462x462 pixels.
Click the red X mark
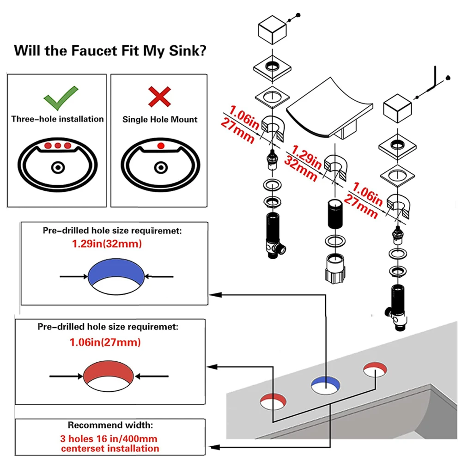coord(159,97)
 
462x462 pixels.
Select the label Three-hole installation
coord(58,119)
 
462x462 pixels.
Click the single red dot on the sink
coord(160,146)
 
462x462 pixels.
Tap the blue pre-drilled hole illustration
coord(116,273)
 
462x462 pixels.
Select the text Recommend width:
coord(109,425)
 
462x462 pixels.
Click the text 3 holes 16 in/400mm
coord(109,438)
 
